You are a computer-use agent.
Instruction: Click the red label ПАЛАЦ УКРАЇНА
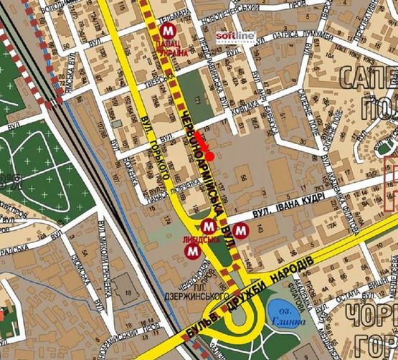point(169,49)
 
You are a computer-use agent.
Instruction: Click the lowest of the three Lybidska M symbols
point(192,252)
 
